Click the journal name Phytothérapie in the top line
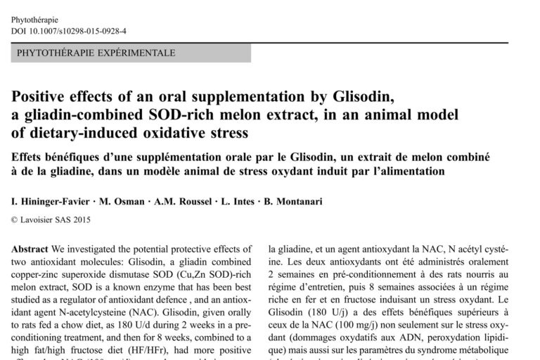tap(34, 20)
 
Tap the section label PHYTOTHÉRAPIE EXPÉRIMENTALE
tap(96, 53)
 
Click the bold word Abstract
tap(30, 249)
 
